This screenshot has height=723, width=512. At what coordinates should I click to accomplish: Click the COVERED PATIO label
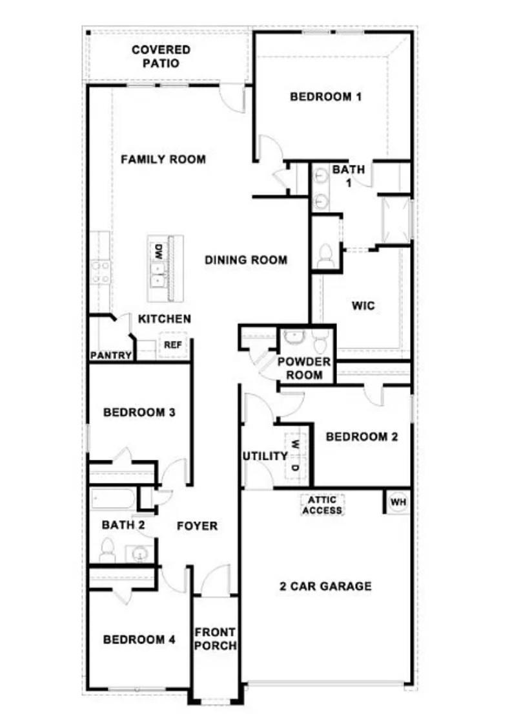161,56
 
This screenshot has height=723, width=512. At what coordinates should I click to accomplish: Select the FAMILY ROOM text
163,159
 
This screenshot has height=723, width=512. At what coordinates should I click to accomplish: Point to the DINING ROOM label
246,260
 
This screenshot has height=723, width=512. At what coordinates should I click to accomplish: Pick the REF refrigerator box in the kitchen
172,345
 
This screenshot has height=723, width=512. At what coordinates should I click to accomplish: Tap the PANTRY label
110,356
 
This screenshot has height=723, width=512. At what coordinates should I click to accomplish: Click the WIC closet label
363,305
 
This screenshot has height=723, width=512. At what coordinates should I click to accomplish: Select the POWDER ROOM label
304,367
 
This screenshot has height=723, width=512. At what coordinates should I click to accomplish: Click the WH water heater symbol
397,502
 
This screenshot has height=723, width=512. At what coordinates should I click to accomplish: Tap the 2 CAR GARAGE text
325,587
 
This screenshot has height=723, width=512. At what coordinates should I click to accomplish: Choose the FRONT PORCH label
215,638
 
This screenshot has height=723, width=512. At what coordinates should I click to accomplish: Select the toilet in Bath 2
107,550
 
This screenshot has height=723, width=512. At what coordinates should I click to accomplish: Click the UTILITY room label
265,456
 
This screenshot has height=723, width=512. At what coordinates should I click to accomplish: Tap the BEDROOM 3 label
139,412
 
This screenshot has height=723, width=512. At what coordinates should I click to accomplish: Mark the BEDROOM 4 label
139,640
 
